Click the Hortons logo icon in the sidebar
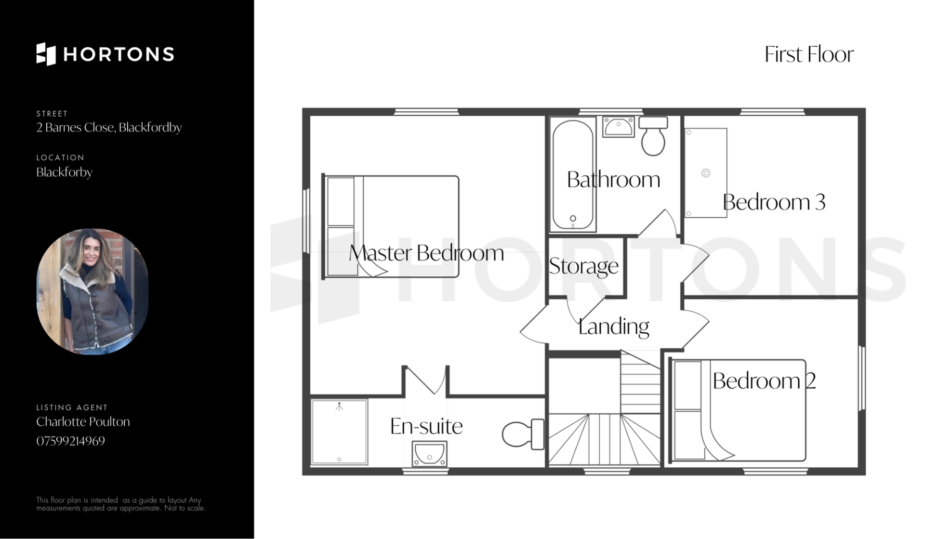pos(46,54)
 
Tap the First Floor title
pos(809,54)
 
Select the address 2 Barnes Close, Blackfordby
pos(109,128)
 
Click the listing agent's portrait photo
pos(92,291)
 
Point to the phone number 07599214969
pos(70,441)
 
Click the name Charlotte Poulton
pos(83,421)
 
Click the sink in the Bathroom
pos(619,127)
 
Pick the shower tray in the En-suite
pos(339,432)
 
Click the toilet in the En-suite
pos(523,434)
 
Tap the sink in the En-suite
pos(429,454)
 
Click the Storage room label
pos(583,266)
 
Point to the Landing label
pos(613,327)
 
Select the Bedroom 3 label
pos(774,202)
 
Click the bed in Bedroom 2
pos(739,410)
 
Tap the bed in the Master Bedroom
pos(391,226)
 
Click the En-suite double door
pos(425,381)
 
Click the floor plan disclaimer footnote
pos(120,504)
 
